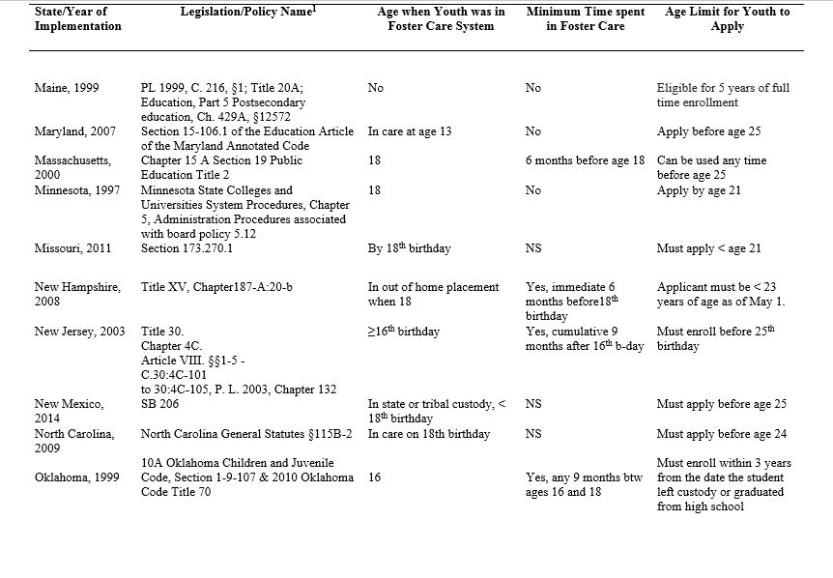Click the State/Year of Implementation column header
tap(78, 18)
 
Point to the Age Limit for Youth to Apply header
tap(727, 18)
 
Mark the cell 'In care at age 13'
tap(410, 131)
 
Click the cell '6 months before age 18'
tap(585, 160)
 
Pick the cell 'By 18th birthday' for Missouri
tap(410, 248)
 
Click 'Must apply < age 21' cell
tap(709, 248)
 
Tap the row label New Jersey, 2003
tap(79, 332)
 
